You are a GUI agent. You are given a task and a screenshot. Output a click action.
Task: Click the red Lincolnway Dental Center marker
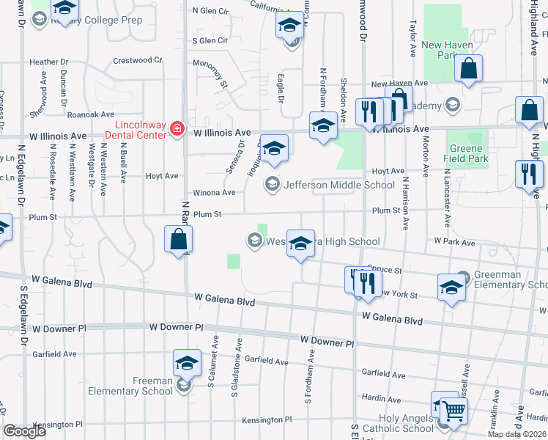pos(176,129)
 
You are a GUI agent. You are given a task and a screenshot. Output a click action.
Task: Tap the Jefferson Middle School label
pos(338,185)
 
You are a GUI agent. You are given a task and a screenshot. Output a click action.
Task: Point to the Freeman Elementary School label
pos(131,386)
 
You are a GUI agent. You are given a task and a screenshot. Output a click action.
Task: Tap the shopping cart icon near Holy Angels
pos(454,412)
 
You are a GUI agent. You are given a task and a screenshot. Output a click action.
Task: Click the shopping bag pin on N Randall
pos(178,239)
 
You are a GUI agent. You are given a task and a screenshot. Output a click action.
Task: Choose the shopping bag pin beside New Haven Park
pos(468,70)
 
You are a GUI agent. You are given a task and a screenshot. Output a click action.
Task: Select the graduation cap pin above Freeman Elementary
pos(187,363)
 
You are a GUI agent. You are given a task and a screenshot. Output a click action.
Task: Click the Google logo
pos(25,431)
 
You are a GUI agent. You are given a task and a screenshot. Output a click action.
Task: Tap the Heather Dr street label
pos(48,64)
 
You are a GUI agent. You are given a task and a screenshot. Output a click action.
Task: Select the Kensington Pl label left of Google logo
pos(59,425)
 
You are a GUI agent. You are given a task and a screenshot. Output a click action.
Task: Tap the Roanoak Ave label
pos(91,115)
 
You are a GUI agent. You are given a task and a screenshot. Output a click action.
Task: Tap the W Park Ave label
pos(455,241)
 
